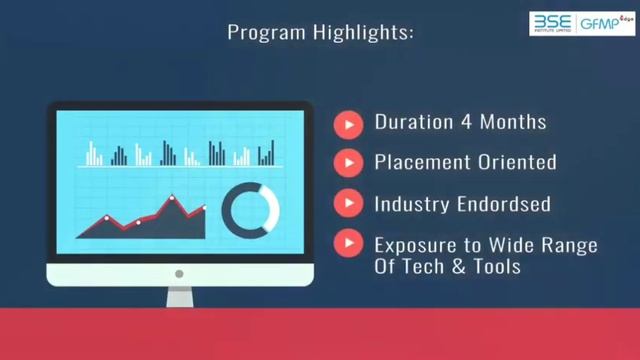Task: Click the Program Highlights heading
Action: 320,32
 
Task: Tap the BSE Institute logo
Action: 551,25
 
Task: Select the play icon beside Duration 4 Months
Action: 348,123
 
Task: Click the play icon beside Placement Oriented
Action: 348,162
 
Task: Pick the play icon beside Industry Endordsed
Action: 348,203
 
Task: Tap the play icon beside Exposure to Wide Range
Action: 348,243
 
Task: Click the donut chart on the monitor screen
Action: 250,208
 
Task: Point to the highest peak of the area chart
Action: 172,198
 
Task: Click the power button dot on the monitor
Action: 179,273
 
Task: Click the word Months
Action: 512,123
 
